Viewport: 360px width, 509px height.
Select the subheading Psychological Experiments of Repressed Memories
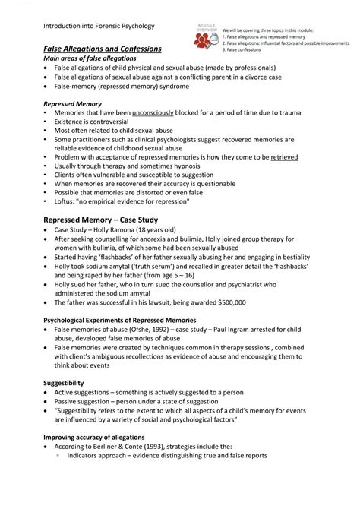[x=125, y=320]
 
